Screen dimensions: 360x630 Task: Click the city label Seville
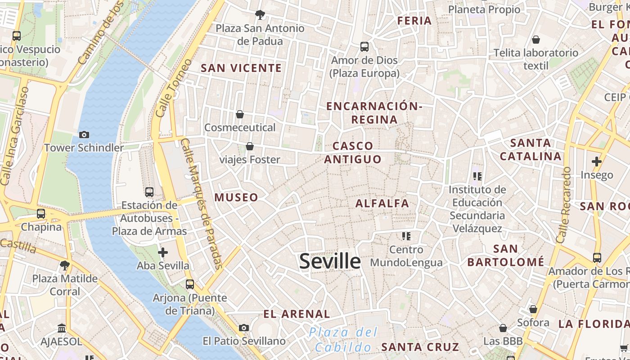(x=330, y=261)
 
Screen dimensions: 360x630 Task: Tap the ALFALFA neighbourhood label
(x=382, y=203)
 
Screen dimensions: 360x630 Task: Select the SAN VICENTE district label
(x=241, y=68)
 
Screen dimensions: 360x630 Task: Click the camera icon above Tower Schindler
(x=84, y=135)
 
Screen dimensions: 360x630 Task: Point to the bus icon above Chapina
(x=41, y=214)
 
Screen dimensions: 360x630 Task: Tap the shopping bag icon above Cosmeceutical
(x=240, y=114)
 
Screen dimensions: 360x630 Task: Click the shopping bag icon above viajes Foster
(x=250, y=146)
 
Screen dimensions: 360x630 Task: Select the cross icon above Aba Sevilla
(x=163, y=252)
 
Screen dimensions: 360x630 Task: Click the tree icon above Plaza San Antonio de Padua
(x=260, y=15)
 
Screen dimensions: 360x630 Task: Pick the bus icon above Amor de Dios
(x=364, y=46)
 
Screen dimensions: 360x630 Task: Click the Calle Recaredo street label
(x=563, y=205)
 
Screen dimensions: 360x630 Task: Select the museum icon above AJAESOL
(x=62, y=328)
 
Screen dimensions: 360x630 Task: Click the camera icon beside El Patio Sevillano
(x=244, y=328)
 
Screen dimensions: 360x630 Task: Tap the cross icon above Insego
(x=596, y=162)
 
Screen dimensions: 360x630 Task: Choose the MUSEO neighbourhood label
(x=236, y=198)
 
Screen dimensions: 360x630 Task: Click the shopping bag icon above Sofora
(x=533, y=309)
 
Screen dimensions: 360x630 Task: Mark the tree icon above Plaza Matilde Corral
(x=65, y=265)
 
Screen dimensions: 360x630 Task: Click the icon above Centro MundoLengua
(x=406, y=236)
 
